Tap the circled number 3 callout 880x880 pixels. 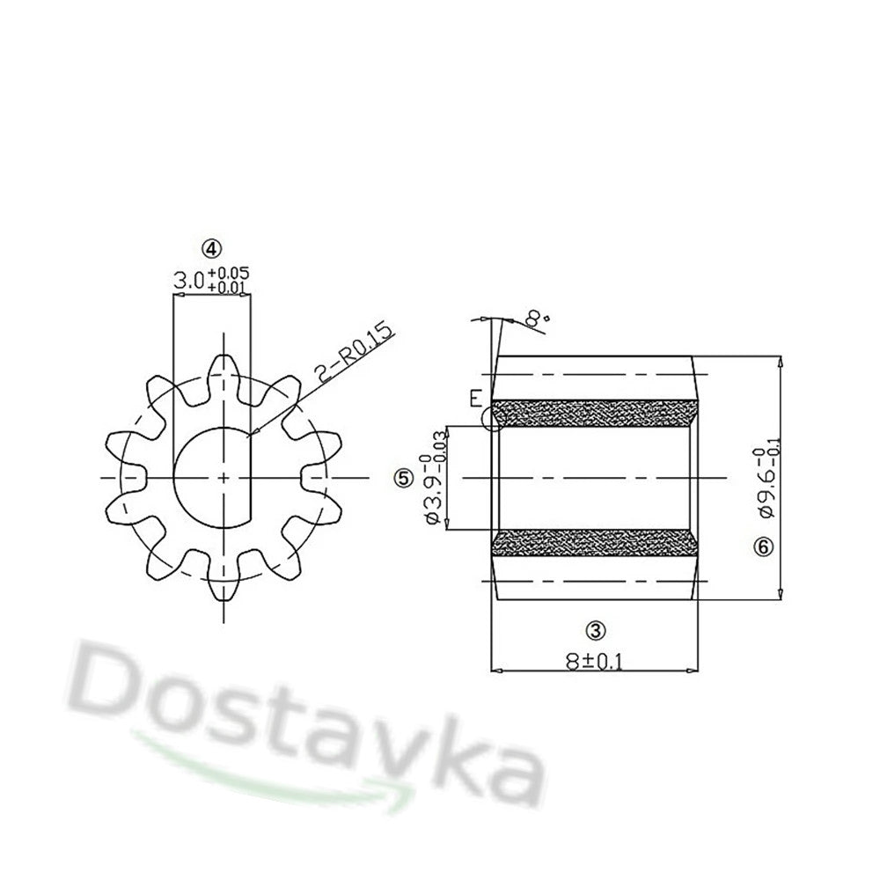click(596, 630)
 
